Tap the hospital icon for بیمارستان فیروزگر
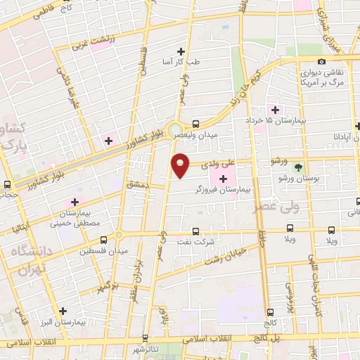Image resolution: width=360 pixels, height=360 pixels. click(x=224, y=179)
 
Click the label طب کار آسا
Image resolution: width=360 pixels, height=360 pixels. click(x=182, y=62)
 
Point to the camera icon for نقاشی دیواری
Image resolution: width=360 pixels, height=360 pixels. click(x=321, y=62)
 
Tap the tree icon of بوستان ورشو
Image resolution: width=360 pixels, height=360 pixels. click(x=300, y=167)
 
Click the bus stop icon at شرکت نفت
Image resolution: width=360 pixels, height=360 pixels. click(x=195, y=231)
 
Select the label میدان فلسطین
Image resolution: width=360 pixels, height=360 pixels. click(x=103, y=251)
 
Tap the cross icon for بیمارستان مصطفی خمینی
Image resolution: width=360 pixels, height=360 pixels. click(x=75, y=202)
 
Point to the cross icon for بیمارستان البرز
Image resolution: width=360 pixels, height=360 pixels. click(x=64, y=310)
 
